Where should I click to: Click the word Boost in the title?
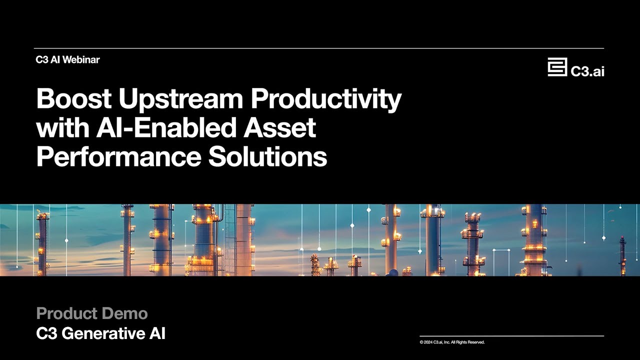(x=73, y=99)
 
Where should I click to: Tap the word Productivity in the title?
(x=325, y=99)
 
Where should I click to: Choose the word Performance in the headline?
(x=118, y=157)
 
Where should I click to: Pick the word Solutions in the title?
(x=267, y=157)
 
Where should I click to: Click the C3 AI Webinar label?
(x=67, y=60)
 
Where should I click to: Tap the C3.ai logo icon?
(x=557, y=67)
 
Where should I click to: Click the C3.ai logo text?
(x=587, y=71)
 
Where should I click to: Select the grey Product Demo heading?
(x=92, y=314)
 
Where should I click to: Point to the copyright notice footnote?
(x=452, y=342)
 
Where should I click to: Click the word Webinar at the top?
(x=82, y=60)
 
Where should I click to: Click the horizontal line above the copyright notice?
(x=511, y=336)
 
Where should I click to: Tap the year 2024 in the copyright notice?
(x=428, y=342)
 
